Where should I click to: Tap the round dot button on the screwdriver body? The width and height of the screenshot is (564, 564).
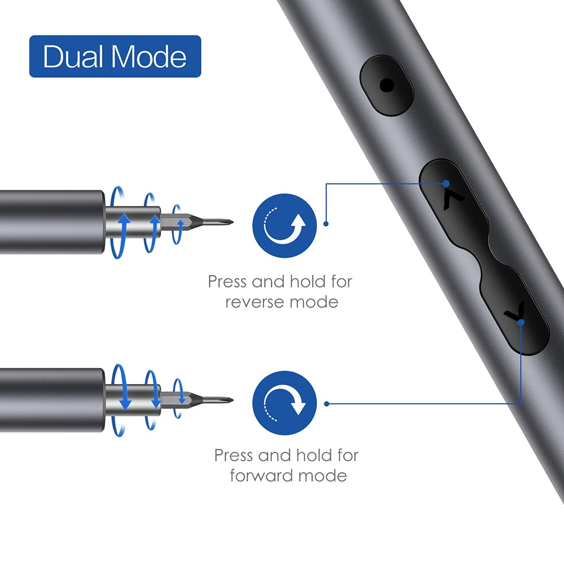[387, 86]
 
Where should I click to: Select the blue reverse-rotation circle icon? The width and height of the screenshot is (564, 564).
[284, 225]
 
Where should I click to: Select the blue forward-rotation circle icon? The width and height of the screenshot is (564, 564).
[284, 402]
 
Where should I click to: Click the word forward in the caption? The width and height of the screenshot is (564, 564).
[262, 475]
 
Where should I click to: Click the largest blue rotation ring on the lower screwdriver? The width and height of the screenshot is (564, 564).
[121, 401]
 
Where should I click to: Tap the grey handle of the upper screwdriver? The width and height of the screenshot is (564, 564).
[51, 222]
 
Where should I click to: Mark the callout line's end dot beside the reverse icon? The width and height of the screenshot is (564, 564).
[326, 224]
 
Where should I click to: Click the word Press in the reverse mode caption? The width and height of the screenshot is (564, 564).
[228, 281]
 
